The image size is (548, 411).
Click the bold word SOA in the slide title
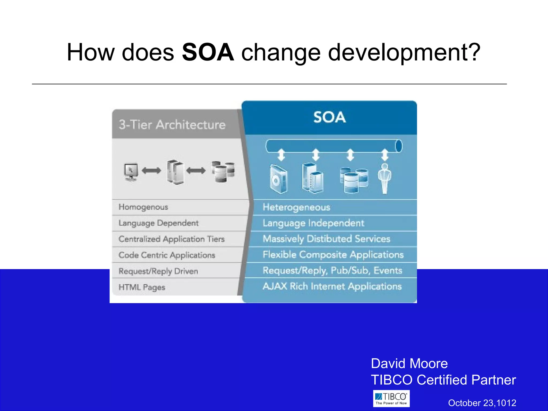[208, 52]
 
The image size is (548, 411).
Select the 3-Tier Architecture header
[172, 125]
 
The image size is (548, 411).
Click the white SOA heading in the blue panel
[329, 117]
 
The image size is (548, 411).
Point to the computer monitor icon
[131, 172]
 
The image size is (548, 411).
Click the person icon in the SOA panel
[385, 178]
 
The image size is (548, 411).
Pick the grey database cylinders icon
[223, 171]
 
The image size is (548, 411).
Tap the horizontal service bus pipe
[333, 146]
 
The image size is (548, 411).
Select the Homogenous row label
[143, 207]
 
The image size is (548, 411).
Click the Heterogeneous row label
[296, 207]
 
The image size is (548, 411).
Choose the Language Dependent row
[158, 223]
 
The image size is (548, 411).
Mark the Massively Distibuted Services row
[326, 239]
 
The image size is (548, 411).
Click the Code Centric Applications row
[167, 255]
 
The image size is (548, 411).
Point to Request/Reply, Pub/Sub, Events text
[332, 271]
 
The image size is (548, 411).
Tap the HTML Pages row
[142, 287]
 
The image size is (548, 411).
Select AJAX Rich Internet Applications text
[332, 286]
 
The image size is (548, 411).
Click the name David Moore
[409, 364]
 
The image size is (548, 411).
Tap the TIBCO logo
[391, 398]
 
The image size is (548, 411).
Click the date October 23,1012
[482, 403]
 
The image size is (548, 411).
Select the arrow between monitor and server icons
[151, 170]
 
